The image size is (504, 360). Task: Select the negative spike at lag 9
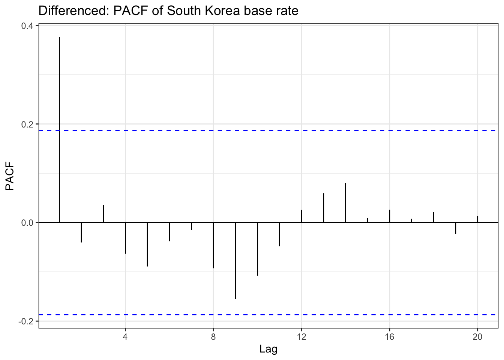235,261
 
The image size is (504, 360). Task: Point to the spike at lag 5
147,244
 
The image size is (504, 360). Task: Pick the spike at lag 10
257,249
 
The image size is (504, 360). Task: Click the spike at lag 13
323,208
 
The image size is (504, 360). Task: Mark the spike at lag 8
213,245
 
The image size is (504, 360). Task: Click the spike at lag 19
456,228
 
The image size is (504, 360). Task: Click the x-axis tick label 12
301,337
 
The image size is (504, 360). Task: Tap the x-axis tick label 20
477,337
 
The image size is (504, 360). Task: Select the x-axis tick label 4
125,337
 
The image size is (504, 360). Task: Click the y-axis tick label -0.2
27,321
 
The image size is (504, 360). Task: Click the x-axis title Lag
268,349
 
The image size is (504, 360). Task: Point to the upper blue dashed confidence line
262,130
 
